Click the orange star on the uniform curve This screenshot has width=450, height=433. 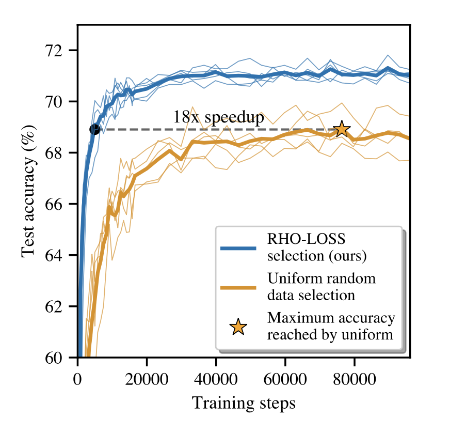(341, 129)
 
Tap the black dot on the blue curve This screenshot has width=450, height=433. (94, 129)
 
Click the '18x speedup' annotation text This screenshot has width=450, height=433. (218, 117)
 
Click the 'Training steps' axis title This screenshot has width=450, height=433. (244, 403)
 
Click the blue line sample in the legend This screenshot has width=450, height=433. (238, 248)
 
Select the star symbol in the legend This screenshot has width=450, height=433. (238, 327)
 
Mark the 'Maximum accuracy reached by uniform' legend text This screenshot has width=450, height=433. (330, 326)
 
